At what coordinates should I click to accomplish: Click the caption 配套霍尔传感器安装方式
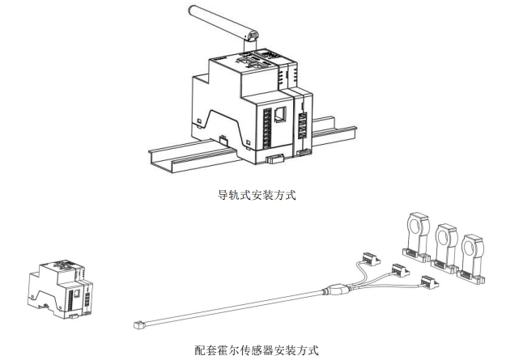coord(257,350)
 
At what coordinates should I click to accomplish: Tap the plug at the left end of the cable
coord(138,325)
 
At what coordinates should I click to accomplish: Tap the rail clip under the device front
coord(275,159)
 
